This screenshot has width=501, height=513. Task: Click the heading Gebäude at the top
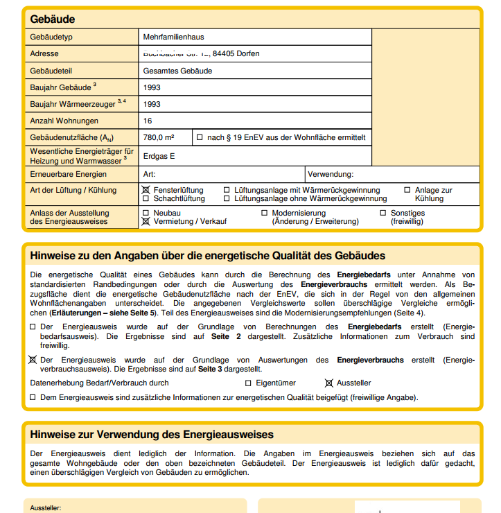[x=53, y=19]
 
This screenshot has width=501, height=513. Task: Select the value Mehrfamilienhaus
[x=173, y=37]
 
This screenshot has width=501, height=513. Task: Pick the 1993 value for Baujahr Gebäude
[x=152, y=88]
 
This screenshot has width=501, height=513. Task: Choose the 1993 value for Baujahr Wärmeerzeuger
[x=152, y=104]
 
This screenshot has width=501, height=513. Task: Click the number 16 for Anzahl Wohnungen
[x=148, y=121]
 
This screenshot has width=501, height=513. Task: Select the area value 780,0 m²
[x=159, y=137]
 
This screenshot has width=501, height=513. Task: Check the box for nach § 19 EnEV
[x=200, y=137]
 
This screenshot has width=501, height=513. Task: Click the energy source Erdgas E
[x=159, y=156]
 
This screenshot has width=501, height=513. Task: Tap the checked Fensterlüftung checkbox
[x=146, y=190]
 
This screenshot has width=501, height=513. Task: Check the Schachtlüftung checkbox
[x=146, y=198]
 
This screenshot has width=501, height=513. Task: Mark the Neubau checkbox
[x=146, y=213]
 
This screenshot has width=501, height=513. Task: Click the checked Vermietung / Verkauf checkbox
[x=146, y=222]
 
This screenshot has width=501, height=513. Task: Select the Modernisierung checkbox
[x=265, y=213]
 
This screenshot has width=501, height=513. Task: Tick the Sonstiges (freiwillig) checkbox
[x=383, y=213]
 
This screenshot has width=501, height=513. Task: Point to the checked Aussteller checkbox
[x=329, y=383]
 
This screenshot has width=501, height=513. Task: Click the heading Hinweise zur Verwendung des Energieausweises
[x=152, y=435]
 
